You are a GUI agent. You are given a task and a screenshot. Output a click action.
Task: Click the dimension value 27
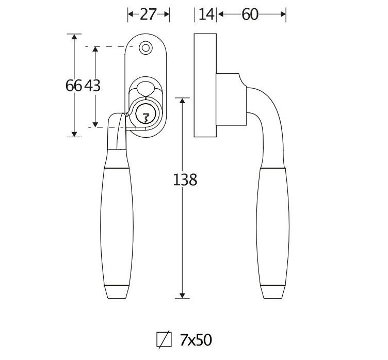148,14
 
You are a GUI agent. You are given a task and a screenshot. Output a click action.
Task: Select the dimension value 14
206,14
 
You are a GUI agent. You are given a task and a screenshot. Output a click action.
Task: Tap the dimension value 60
250,14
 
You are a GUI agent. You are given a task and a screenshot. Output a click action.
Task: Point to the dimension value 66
73,86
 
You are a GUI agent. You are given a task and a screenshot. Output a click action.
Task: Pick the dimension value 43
92,86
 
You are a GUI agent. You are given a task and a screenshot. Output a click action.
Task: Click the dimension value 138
185,180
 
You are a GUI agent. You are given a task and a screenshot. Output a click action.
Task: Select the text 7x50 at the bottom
196,340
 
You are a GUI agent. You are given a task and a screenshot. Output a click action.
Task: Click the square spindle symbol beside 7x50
164,340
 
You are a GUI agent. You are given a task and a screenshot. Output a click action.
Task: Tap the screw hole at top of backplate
145,47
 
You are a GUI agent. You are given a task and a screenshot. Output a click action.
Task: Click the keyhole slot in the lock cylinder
145,118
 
